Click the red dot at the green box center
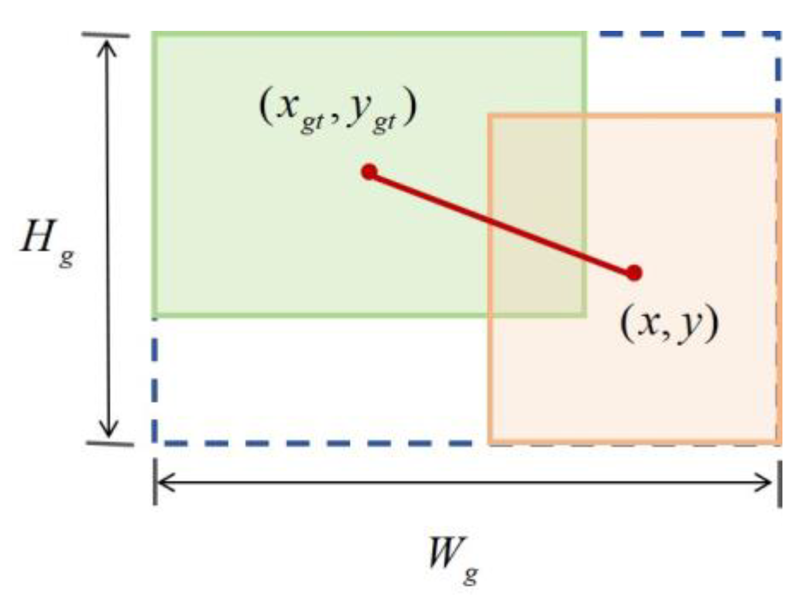pos(370,171)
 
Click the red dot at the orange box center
pos(634,273)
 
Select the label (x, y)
pos(669,324)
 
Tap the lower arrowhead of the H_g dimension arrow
pos(108,432)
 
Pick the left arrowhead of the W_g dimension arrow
pos(163,483)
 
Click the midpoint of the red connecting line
pos(501,222)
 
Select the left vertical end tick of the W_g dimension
pos(154,483)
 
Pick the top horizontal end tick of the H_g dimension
pos(106,35)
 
